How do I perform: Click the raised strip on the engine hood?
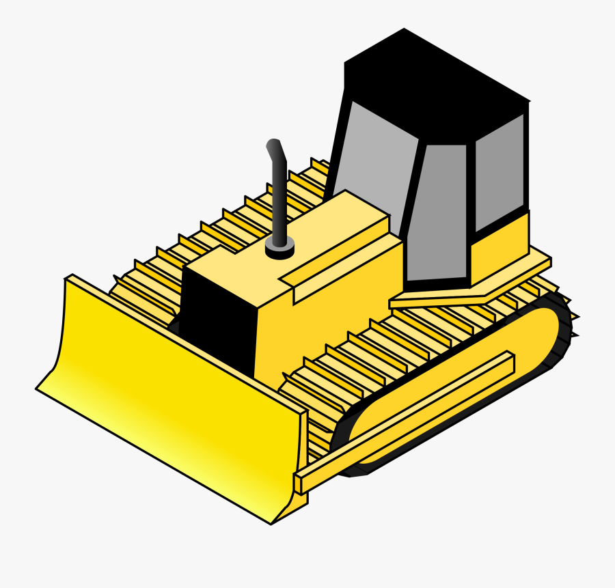click(x=335, y=263)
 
